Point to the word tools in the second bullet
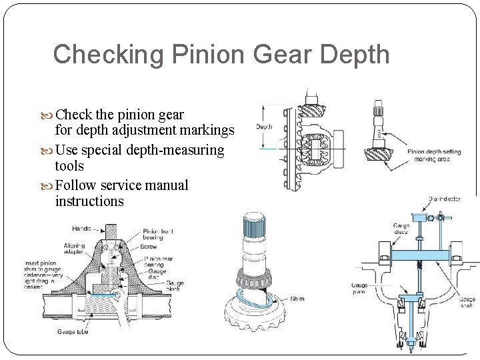tap(69, 166)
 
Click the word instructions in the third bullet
tap(89, 201)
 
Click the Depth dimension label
tap(264, 127)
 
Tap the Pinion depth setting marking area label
tap(434, 155)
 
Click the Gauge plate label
tap(359, 289)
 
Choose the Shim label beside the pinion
tap(297, 299)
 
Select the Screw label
tap(150, 247)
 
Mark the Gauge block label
tap(175, 287)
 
